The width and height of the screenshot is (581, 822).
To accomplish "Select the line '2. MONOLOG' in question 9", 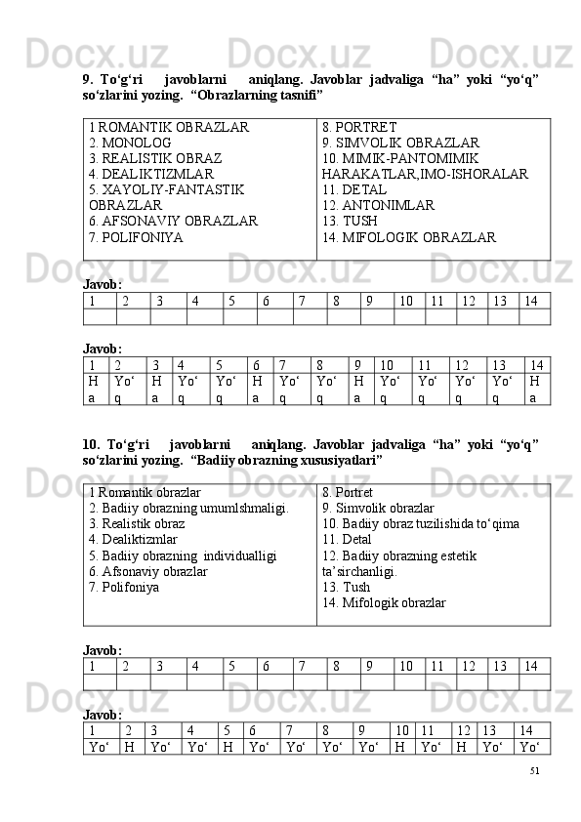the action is coord(130,143).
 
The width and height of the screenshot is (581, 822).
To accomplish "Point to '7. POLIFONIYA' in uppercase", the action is coord(135,236).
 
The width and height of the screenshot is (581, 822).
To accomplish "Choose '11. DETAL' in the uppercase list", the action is coord(354,189).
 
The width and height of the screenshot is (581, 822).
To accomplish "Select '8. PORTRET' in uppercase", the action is coord(358,127).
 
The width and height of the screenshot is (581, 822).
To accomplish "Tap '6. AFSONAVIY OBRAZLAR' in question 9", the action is coord(173,221).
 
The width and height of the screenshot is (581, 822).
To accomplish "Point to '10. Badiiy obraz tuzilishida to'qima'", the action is coord(420,523).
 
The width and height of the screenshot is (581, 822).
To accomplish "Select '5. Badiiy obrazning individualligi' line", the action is coord(183,555).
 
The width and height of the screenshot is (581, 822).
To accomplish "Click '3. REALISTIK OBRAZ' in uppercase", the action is coord(154,158).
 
